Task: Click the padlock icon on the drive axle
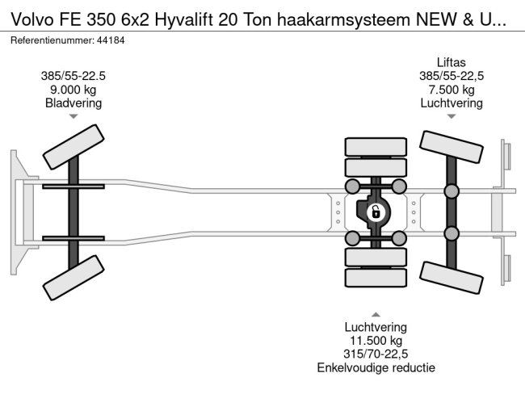point(375,212)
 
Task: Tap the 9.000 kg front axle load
point(73,90)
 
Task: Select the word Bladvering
point(73,103)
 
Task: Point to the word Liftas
point(451,62)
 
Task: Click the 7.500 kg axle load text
point(451,90)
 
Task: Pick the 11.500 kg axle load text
point(376,341)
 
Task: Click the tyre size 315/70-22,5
point(376,354)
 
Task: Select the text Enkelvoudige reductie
point(376,367)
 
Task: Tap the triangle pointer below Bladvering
point(73,117)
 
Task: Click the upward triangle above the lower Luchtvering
point(376,313)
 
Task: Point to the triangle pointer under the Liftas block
point(451,117)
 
